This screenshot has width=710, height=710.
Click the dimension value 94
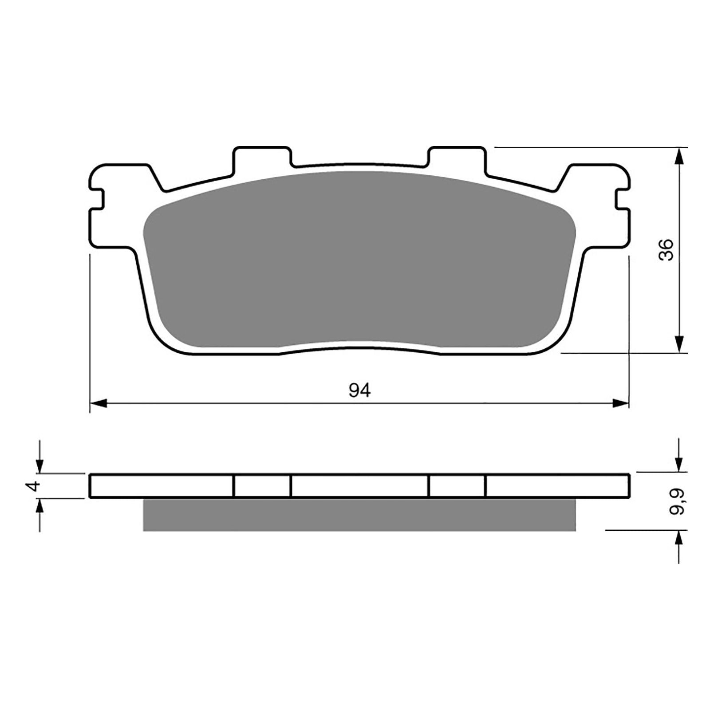click(x=359, y=390)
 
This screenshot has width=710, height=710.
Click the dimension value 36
click(x=667, y=250)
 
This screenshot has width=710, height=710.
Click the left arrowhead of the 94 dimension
click(x=99, y=403)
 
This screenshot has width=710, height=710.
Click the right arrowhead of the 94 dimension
click(x=620, y=403)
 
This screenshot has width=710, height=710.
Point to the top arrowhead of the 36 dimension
click(x=678, y=157)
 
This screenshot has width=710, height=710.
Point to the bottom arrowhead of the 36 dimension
click(x=678, y=344)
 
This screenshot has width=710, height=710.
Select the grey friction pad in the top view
click(x=359, y=262)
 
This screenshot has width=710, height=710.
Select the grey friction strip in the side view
click(x=359, y=514)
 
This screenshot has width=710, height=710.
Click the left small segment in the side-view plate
click(x=262, y=486)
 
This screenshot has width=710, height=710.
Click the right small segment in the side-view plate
click(x=457, y=486)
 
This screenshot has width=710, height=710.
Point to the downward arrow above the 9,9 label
click(x=678, y=464)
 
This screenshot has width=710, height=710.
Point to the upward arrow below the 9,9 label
click(x=678, y=539)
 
